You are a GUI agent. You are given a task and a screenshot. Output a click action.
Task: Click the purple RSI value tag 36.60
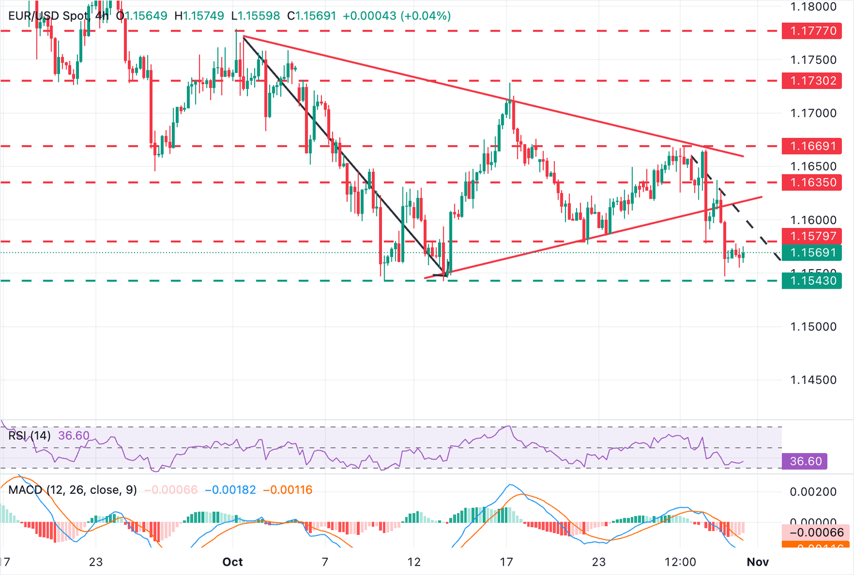[805, 461]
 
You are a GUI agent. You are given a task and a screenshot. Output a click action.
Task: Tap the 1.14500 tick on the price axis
[813, 380]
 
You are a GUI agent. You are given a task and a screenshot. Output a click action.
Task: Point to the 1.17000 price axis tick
[813, 113]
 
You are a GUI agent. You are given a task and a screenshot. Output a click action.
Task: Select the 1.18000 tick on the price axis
[813, 7]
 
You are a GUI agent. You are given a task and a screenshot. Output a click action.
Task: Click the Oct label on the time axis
[232, 562]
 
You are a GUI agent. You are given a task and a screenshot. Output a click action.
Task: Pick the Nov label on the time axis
[758, 562]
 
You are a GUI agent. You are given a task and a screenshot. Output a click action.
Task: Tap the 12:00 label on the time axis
[680, 562]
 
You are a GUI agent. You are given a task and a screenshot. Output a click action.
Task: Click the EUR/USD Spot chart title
[48, 16]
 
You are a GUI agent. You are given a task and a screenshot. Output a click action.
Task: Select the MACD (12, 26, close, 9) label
[72, 490]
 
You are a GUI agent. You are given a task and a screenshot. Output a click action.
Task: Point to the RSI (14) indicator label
[29, 435]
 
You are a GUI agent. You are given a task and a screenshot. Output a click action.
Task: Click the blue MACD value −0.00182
[230, 490]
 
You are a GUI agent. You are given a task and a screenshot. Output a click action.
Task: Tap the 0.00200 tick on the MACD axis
[813, 492]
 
